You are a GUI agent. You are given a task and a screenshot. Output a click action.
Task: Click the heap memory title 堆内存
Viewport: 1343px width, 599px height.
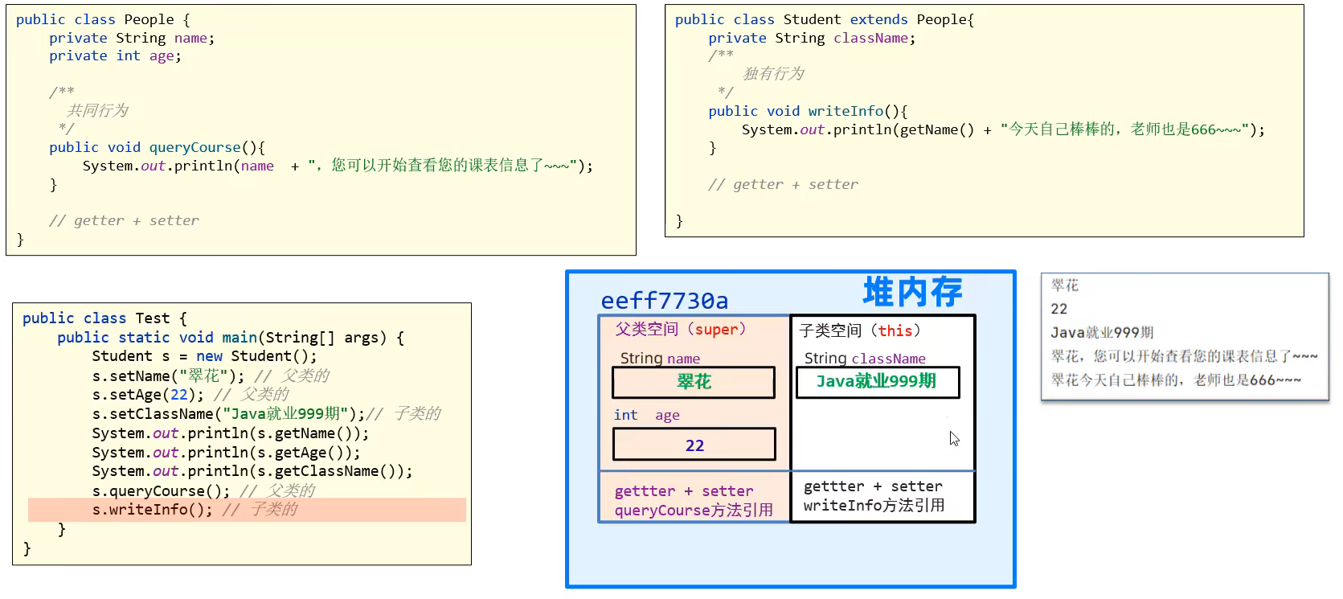click(912, 292)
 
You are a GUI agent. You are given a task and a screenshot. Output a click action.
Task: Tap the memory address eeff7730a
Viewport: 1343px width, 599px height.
click(665, 301)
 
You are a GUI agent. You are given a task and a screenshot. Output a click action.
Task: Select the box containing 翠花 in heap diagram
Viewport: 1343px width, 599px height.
click(694, 382)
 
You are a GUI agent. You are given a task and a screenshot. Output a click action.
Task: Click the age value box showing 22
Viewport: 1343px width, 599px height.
click(694, 445)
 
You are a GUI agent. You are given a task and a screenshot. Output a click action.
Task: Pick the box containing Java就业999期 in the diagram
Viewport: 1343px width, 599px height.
click(877, 382)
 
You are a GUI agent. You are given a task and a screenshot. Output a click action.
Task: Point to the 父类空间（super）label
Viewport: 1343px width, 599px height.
click(681, 330)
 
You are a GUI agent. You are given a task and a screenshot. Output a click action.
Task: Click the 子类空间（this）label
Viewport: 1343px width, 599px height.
click(860, 330)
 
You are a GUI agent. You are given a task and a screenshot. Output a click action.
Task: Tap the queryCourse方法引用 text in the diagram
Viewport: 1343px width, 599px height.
click(694, 511)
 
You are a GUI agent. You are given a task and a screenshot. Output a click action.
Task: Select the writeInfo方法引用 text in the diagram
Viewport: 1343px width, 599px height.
click(874, 506)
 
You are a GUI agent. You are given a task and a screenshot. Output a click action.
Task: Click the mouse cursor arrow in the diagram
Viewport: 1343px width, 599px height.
click(953, 437)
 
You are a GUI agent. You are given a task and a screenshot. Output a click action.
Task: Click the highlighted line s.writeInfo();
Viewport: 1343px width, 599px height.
click(153, 510)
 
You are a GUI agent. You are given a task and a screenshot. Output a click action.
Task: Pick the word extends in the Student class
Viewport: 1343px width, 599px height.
click(878, 19)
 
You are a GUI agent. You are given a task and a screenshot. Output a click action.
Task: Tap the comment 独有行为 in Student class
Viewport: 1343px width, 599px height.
click(773, 74)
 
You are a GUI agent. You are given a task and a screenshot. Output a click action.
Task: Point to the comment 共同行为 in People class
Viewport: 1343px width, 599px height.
click(97, 111)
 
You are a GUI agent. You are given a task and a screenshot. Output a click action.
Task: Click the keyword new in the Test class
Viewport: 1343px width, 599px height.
click(209, 356)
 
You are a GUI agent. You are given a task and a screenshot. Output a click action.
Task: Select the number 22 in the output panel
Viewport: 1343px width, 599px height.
click(1058, 309)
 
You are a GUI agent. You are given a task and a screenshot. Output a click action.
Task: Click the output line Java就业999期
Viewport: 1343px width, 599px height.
click(1102, 333)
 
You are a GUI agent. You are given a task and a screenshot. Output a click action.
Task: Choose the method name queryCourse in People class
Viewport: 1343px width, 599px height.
click(194, 147)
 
